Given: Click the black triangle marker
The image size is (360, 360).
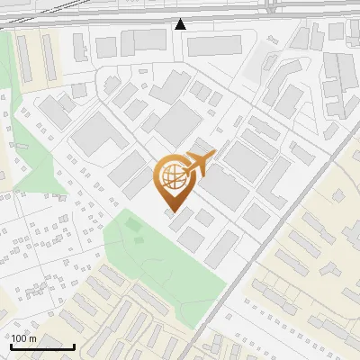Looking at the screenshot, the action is [181, 24].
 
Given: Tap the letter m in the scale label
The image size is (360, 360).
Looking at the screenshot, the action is [33, 337].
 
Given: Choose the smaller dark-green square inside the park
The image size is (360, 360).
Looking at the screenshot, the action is [139, 239].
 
